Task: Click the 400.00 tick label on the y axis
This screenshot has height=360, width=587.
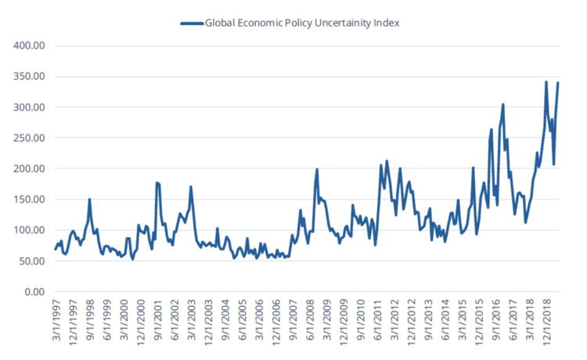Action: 30,46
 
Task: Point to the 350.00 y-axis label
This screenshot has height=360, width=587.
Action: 30,77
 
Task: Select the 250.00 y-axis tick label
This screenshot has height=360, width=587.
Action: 30,139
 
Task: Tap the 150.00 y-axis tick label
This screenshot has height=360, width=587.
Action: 30,200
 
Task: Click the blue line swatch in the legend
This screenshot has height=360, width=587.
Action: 190,23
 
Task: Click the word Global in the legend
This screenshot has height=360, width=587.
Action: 222,23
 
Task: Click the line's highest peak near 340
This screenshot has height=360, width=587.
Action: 546,81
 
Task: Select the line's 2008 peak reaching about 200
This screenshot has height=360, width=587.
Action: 317,169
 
